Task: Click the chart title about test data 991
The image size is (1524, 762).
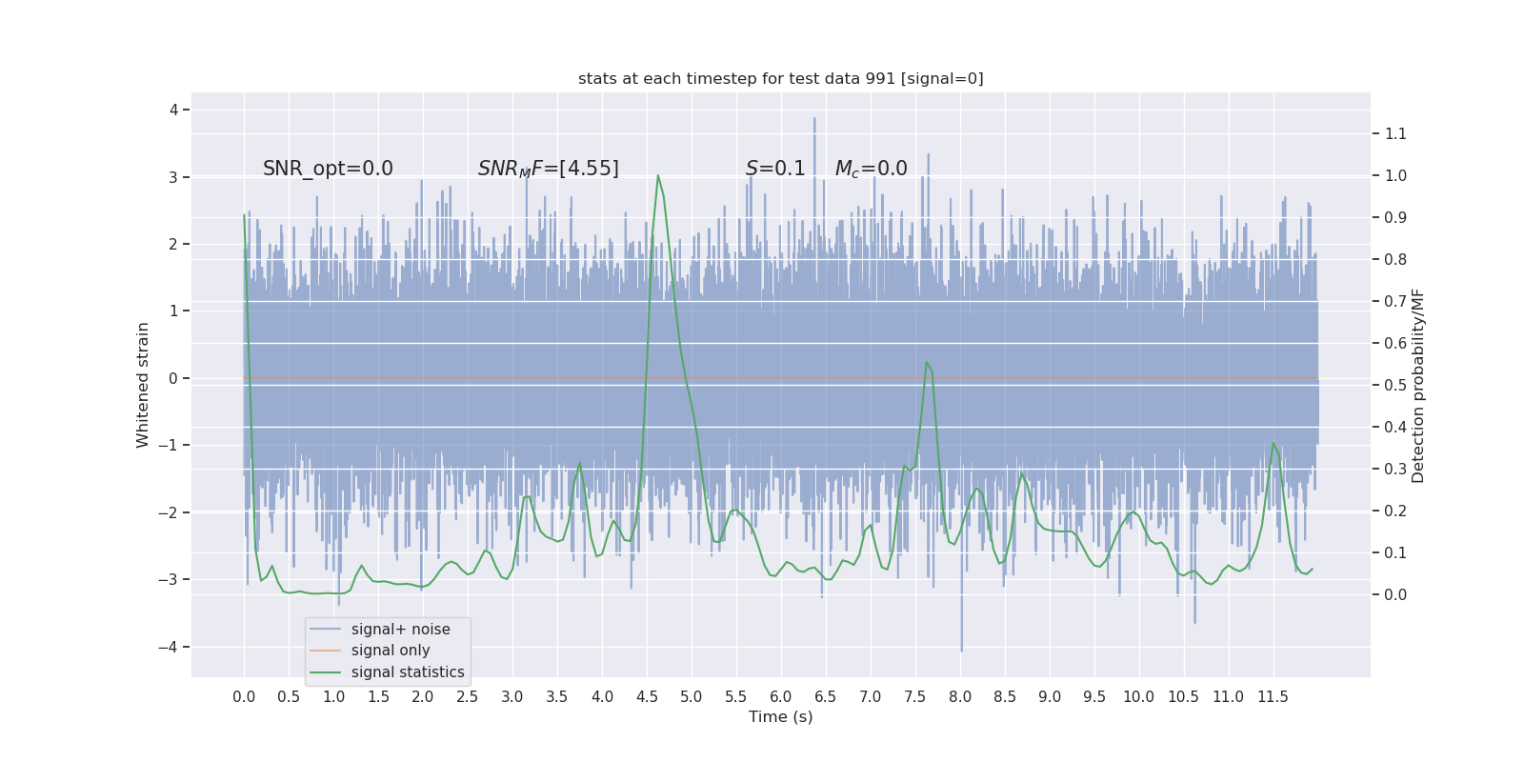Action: (780, 79)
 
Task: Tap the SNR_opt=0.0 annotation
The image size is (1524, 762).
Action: (328, 169)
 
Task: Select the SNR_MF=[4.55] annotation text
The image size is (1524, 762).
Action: (548, 169)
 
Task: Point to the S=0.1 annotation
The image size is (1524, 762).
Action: (775, 169)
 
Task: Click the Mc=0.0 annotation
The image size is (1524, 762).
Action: (871, 169)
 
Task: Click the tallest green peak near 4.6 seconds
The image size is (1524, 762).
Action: (657, 176)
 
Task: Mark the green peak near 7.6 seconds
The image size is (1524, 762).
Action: (926, 362)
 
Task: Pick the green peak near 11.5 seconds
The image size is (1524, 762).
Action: (1273, 443)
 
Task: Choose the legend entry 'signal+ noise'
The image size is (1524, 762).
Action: (400, 630)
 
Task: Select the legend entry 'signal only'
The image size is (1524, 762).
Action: (391, 651)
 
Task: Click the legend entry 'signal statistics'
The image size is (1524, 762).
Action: (408, 672)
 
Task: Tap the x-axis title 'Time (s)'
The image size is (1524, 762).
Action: (780, 716)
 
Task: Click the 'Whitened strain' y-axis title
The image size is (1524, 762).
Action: (143, 385)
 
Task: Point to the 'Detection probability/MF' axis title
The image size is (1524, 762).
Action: (1418, 385)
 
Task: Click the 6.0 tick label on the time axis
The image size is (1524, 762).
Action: (780, 697)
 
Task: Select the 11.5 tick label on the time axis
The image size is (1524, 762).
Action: (1273, 697)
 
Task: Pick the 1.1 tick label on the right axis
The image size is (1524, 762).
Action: (1395, 134)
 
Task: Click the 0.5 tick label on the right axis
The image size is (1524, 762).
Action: (1395, 385)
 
